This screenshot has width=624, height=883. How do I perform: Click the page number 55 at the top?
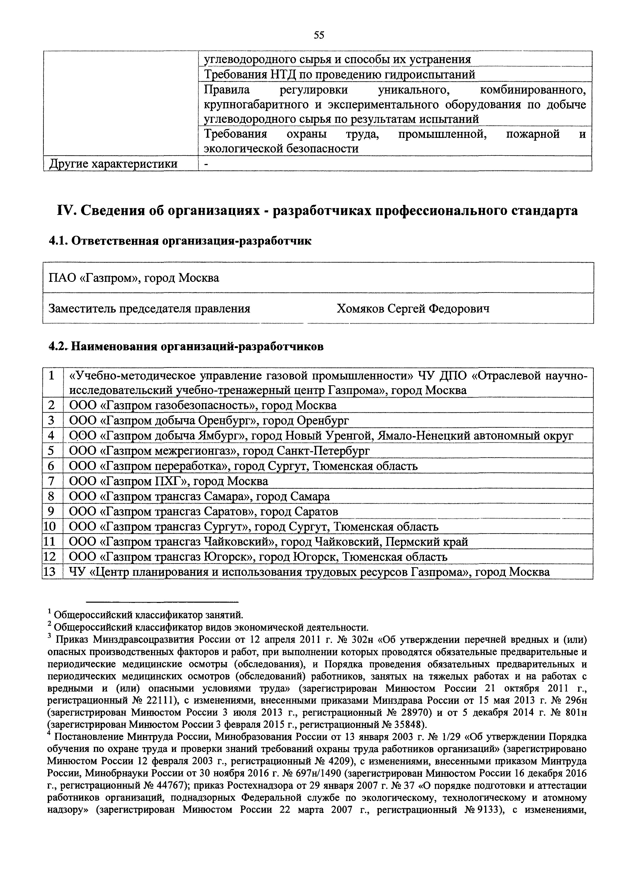pyautogui.click(x=319, y=35)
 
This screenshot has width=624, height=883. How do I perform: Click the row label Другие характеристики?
pyautogui.click(x=114, y=164)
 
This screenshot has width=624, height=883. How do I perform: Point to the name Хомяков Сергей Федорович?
pyautogui.click(x=413, y=309)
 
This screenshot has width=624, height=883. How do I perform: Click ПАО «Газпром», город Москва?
pyautogui.click(x=134, y=278)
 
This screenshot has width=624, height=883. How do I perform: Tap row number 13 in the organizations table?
pyautogui.click(x=50, y=572)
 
